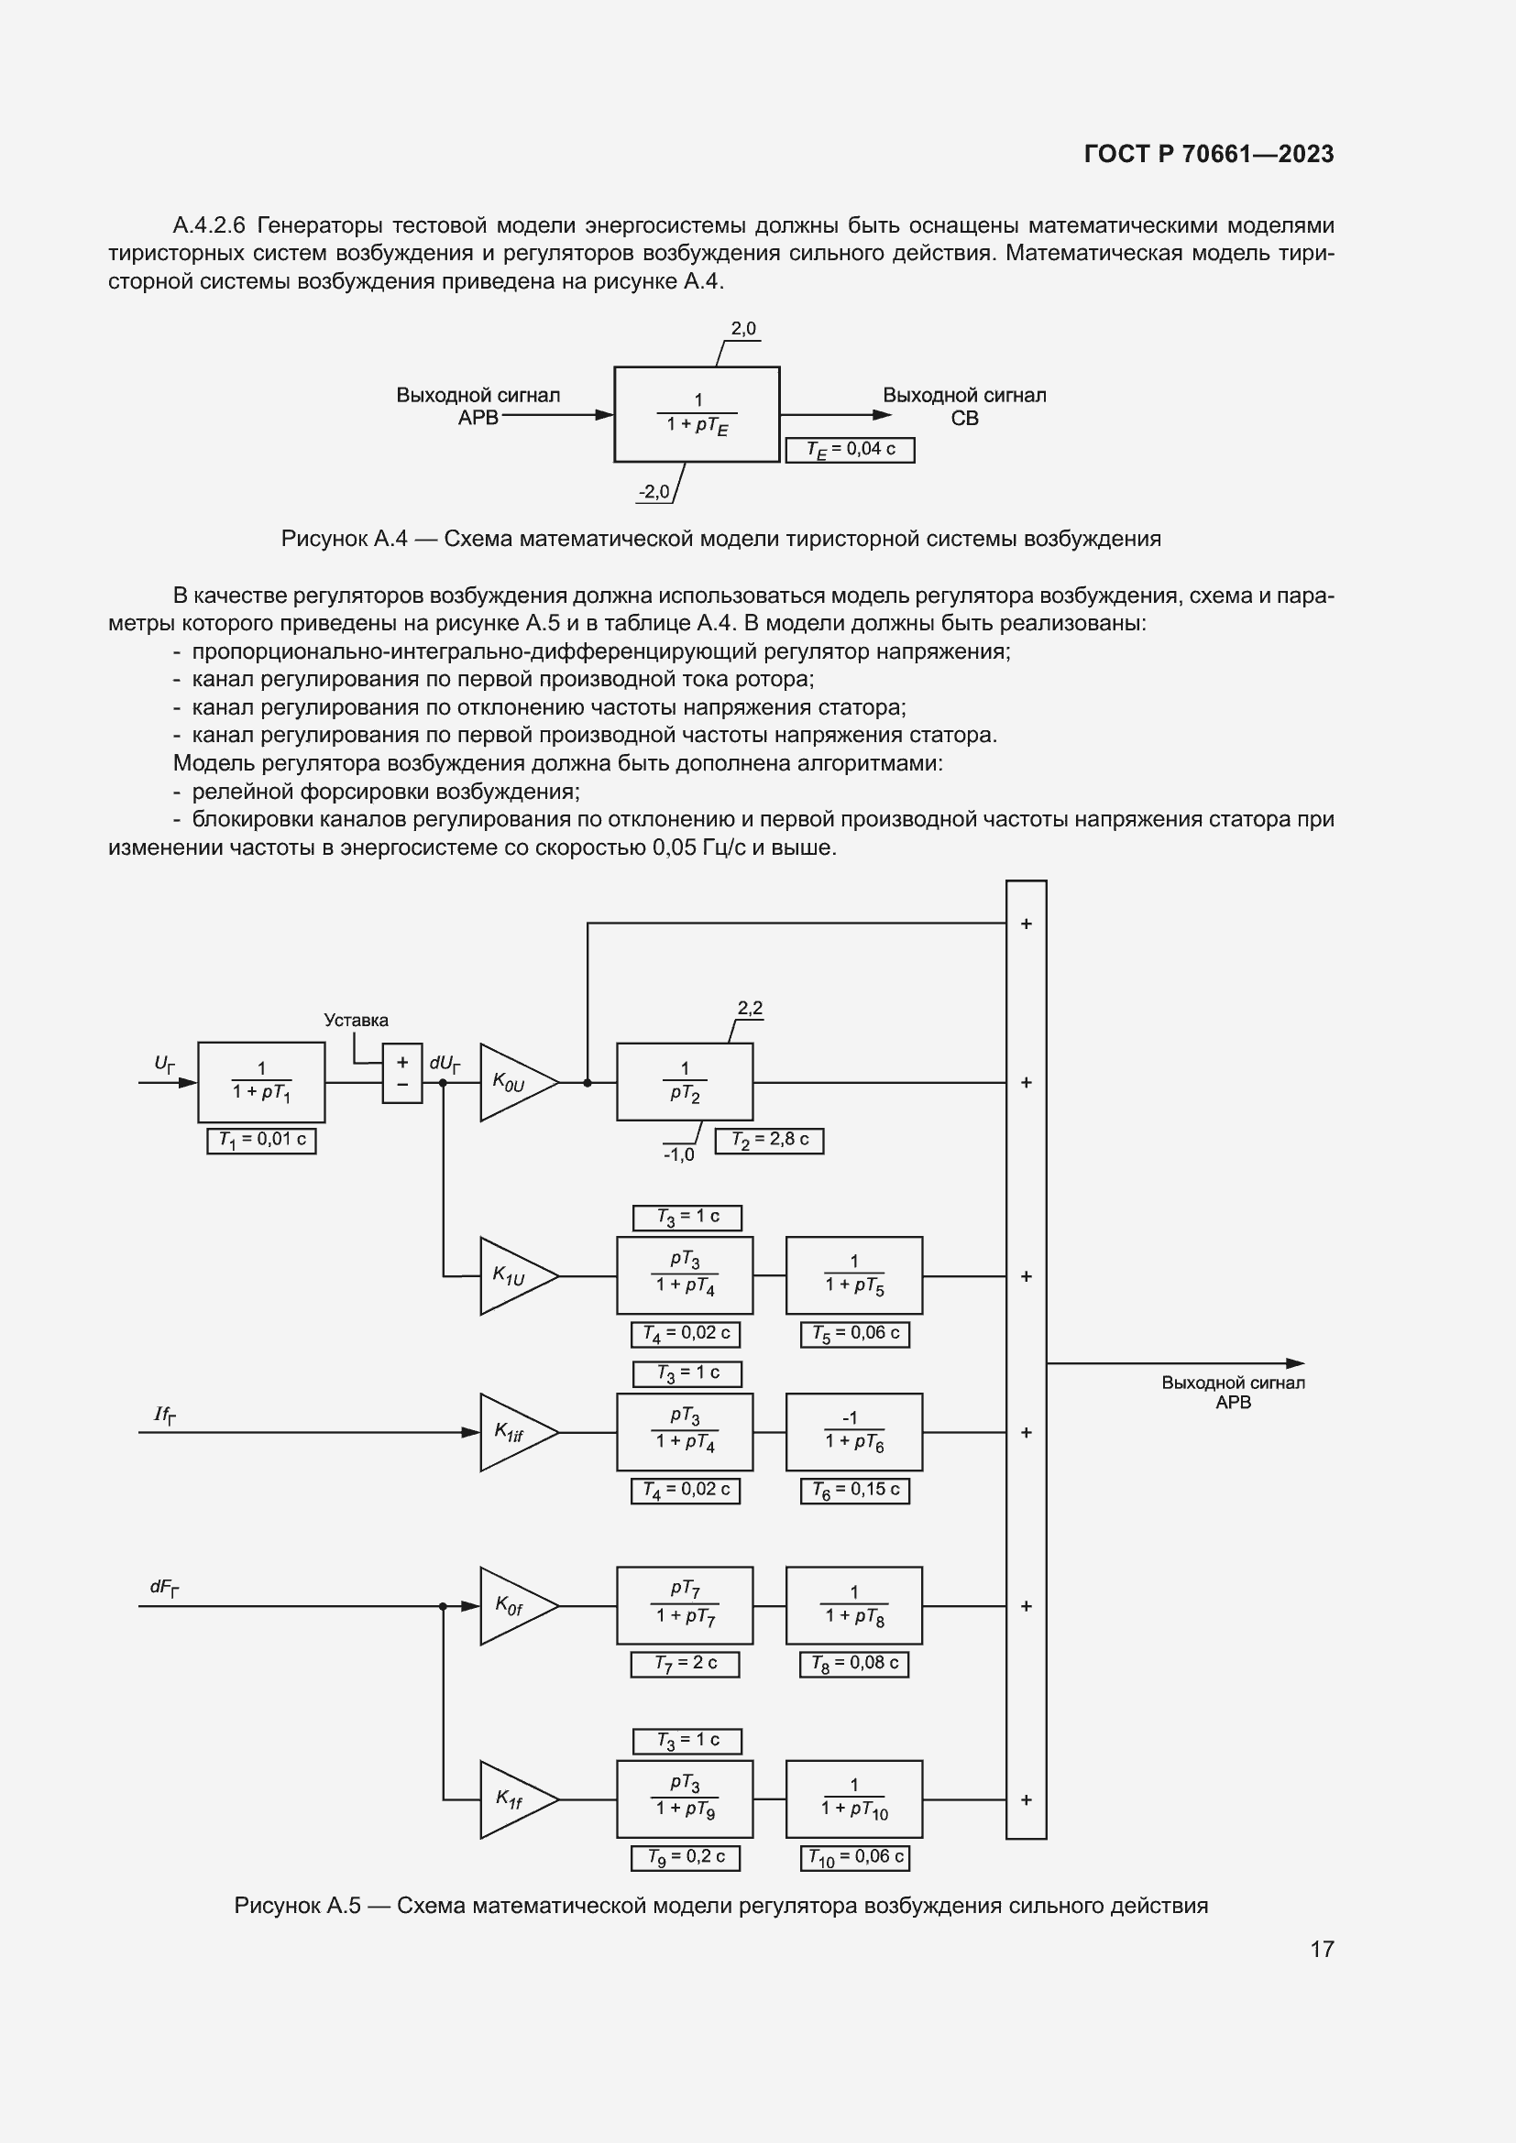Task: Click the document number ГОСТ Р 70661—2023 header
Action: pyautogui.click(x=1208, y=154)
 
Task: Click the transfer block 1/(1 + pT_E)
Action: pyautogui.click(x=697, y=414)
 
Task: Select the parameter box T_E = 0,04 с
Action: pyautogui.click(x=850, y=450)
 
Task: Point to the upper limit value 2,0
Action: pyautogui.click(x=743, y=329)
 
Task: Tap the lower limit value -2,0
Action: pyautogui.click(x=654, y=492)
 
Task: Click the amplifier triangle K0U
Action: pyautogui.click(x=516, y=1083)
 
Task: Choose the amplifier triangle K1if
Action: pyautogui.click(x=516, y=1432)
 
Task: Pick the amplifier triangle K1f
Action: pyautogui.click(x=516, y=1799)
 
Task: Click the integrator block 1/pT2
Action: pyautogui.click(x=685, y=1082)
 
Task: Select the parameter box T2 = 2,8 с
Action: pyautogui.click(x=769, y=1141)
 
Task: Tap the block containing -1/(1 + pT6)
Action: pyautogui.click(x=853, y=1432)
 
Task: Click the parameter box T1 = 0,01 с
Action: pyautogui.click(x=261, y=1141)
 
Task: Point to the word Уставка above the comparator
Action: pyautogui.click(x=356, y=1020)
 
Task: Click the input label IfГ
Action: pyautogui.click(x=164, y=1415)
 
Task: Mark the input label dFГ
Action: pyautogui.click(x=164, y=1588)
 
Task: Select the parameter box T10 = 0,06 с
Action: pyautogui.click(x=854, y=1857)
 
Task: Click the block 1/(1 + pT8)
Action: pyautogui.click(x=853, y=1605)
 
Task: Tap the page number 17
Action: pyautogui.click(x=1321, y=1949)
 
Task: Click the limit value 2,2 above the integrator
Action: pyautogui.click(x=750, y=1008)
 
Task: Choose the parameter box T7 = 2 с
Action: pyautogui.click(x=685, y=1664)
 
